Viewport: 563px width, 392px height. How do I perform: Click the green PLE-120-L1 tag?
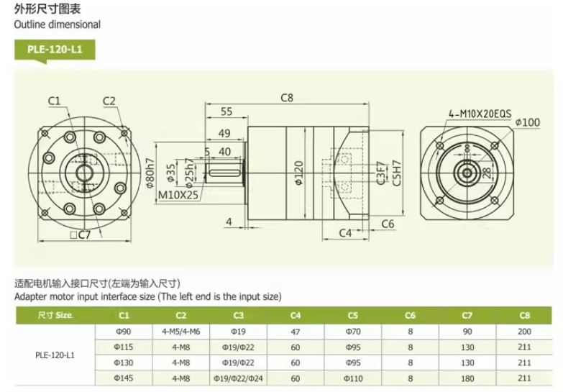(55, 49)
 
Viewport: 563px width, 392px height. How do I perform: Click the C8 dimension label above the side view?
(287, 98)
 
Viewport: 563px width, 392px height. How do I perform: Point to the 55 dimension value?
(226, 111)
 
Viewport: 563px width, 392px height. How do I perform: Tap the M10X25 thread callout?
(178, 195)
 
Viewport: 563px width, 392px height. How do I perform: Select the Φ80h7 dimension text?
(150, 173)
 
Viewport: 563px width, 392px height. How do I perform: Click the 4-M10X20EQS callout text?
(480, 114)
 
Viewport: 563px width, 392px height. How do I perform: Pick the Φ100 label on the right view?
(528, 122)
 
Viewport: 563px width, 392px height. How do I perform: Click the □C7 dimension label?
(81, 235)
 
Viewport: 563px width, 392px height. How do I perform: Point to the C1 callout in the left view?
(54, 101)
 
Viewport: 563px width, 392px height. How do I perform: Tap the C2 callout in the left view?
(109, 101)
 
